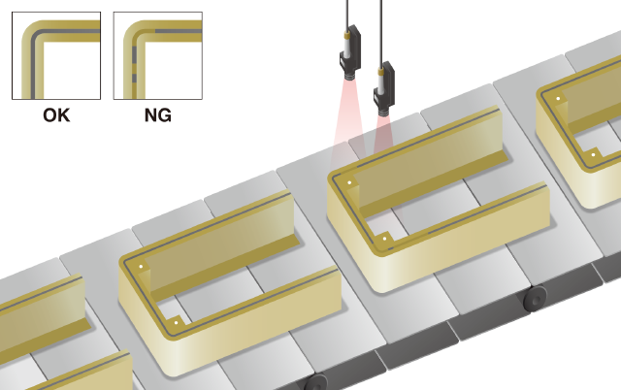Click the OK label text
(x=56, y=115)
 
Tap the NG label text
(x=158, y=115)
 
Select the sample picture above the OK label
(x=56, y=55)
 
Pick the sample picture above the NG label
(x=158, y=55)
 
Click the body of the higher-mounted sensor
(x=350, y=49)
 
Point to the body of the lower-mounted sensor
(x=384, y=84)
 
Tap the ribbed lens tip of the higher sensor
(x=350, y=76)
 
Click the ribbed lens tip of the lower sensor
(x=384, y=112)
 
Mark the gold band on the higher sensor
(x=347, y=36)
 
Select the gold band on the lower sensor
(x=381, y=71)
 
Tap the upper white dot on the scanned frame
(x=349, y=182)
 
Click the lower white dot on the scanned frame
(x=384, y=239)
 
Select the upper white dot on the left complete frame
(x=141, y=267)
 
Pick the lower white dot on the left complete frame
(x=177, y=322)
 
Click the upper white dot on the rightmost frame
(x=558, y=99)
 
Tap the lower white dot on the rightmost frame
(x=593, y=155)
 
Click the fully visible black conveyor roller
(x=535, y=299)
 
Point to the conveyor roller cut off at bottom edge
(x=316, y=382)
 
